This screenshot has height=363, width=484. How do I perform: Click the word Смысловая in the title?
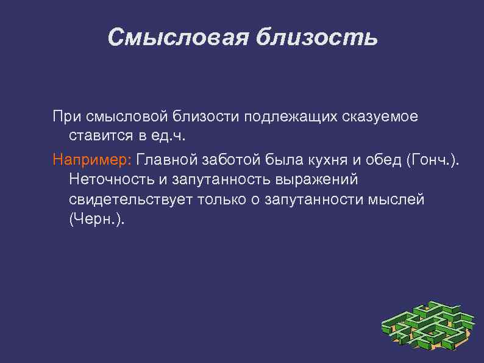point(177,38)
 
